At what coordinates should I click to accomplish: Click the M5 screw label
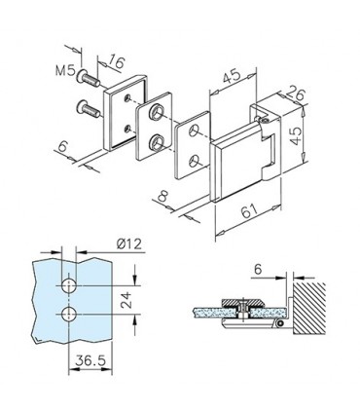[x=65, y=70]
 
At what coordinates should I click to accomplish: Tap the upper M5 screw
[x=88, y=78]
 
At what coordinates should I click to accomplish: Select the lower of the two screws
[x=88, y=109]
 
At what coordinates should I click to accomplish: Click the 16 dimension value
[x=115, y=61]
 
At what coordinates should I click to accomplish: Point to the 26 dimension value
[x=296, y=94]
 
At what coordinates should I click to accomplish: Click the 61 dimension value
[x=249, y=211]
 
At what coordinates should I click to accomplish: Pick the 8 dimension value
[x=162, y=197]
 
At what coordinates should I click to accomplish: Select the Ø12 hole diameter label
[x=129, y=243]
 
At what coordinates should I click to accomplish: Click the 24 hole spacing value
[x=126, y=300]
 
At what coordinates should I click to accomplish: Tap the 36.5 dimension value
[x=90, y=360]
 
